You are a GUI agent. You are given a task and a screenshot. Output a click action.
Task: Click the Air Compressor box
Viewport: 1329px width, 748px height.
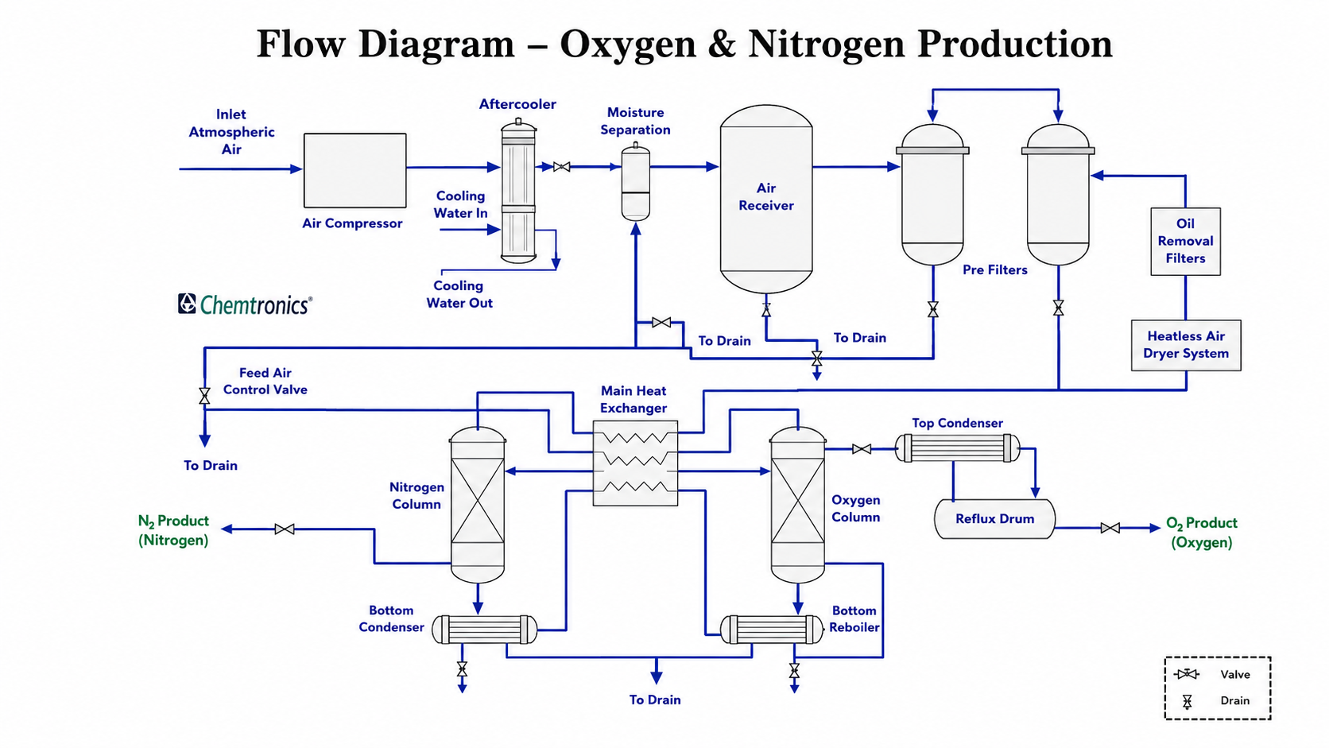pos(355,170)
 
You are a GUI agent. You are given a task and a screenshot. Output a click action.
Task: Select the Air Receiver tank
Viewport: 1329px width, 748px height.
pos(766,199)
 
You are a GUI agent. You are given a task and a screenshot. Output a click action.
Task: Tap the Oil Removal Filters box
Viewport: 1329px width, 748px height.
pos(1185,242)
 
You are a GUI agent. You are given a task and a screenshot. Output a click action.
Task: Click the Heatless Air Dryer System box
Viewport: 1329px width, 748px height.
pos(1186,345)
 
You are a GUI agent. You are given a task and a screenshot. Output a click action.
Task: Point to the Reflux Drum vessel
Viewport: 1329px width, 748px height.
pos(994,519)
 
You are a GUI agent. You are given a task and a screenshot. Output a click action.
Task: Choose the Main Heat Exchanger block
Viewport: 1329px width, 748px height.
pos(635,463)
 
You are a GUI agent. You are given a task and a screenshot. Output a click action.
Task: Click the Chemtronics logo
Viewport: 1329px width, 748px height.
pos(245,304)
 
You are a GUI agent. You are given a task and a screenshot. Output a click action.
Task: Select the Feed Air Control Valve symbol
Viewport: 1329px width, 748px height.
pos(205,396)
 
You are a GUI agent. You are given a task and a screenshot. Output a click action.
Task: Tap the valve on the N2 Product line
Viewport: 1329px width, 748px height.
pos(285,529)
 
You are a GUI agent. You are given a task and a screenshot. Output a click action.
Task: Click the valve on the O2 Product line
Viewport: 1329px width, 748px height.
pos(1110,528)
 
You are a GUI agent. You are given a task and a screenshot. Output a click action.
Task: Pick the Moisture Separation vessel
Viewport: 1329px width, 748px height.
pos(635,182)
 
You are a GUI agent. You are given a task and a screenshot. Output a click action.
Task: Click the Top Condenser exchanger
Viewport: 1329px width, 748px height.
pos(958,448)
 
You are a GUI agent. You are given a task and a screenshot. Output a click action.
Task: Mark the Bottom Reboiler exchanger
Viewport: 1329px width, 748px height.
pos(771,630)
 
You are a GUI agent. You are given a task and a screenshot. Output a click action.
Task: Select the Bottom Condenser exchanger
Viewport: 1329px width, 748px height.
pos(485,630)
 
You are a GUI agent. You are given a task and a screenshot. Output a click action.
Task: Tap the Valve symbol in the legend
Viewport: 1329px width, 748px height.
pos(1187,674)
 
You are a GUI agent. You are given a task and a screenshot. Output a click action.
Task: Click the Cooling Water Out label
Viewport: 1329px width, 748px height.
pos(459,294)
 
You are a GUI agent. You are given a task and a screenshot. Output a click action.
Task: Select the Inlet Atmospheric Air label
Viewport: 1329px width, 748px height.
pos(231,132)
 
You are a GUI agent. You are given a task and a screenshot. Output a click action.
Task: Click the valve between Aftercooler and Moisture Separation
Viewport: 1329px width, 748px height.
pos(561,167)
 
